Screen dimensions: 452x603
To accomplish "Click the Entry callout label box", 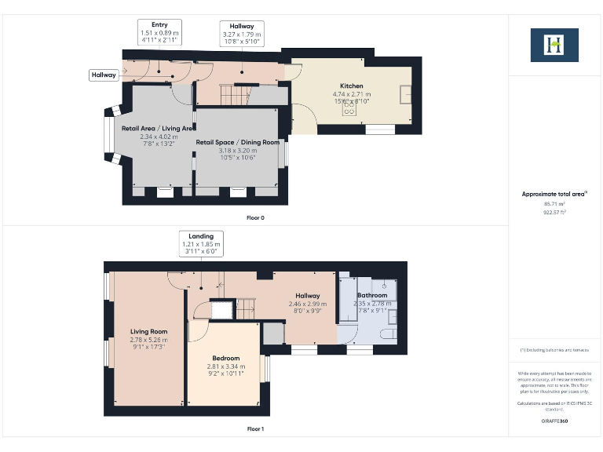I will pos(159,31).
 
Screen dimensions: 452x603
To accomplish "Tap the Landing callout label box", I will pos(202,241).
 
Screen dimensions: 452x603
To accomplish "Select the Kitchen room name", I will pos(351,86).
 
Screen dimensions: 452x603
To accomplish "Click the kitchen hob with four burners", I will pos(346,110).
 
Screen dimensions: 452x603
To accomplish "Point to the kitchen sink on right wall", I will pos(405,94).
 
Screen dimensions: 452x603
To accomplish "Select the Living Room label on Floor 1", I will pos(148,331).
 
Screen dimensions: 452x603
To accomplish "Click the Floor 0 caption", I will pos(255,217).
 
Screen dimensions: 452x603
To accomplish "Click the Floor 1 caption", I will pos(255,428).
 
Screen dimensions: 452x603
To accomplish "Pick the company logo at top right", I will pos(554,45).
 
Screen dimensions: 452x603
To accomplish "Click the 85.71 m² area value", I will pos(554,204).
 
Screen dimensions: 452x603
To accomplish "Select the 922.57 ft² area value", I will pos(554,212).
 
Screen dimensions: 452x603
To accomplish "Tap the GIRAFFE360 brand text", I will pos(554,421).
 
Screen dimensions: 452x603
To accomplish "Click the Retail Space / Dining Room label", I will pos(237,142).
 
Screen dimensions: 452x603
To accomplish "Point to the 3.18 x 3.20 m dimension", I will pos(237,150).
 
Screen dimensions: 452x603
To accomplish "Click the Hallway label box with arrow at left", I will pos(104,75).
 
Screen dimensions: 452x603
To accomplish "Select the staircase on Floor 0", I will pos(233,96).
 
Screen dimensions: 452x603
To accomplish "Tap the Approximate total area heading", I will pos(553,194).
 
